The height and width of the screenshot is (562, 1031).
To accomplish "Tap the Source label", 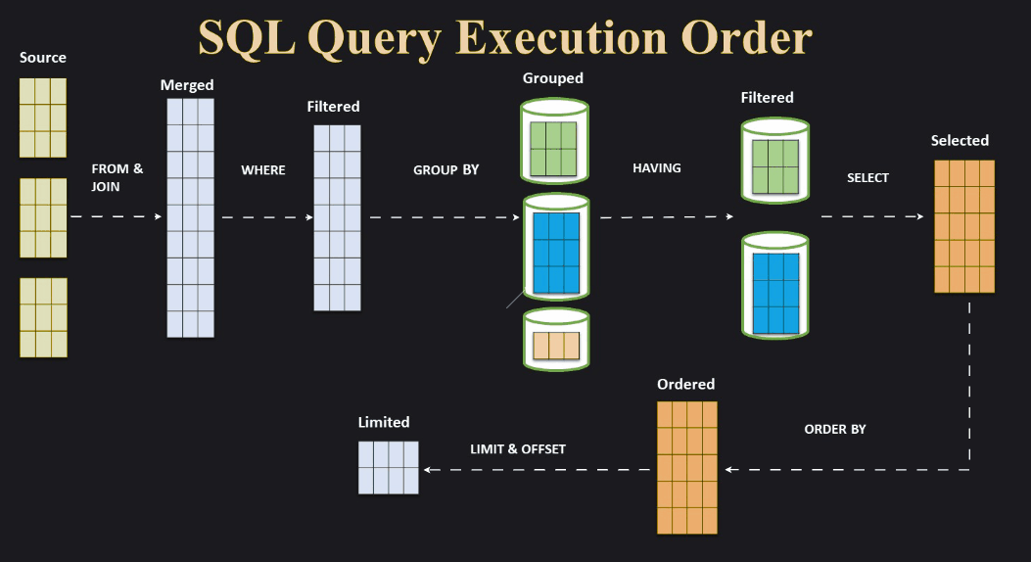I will coord(43,58).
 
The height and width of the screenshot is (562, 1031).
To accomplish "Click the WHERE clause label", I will coord(263,170).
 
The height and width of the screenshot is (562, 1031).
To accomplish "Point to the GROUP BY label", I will coord(445,170).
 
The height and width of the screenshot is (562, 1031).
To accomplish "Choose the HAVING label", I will coord(657,168).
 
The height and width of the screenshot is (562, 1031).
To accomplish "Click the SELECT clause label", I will coord(867,178).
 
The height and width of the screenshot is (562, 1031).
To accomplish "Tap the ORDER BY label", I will coord(835,430).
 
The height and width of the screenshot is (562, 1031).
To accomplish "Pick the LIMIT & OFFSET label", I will coord(518,449).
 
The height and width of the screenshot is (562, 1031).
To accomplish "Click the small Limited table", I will coord(388,467).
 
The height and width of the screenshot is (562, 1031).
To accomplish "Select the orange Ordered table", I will coord(687,468).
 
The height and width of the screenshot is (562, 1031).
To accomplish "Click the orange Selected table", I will coord(964,226).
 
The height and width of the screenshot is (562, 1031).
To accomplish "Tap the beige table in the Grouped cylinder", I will coord(556,346).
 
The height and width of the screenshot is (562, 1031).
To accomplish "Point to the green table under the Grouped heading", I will coord(554,148).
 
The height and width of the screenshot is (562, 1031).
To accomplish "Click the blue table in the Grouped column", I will coord(555,253).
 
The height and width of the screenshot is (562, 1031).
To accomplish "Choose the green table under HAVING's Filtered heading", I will coord(775,166).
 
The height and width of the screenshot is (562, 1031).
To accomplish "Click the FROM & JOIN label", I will coord(117,177).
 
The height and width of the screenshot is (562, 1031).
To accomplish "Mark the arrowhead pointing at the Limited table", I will coord(428,470).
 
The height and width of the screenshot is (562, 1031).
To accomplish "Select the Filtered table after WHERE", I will coord(337,217).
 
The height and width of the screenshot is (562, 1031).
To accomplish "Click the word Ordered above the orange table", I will coord(685,385).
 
